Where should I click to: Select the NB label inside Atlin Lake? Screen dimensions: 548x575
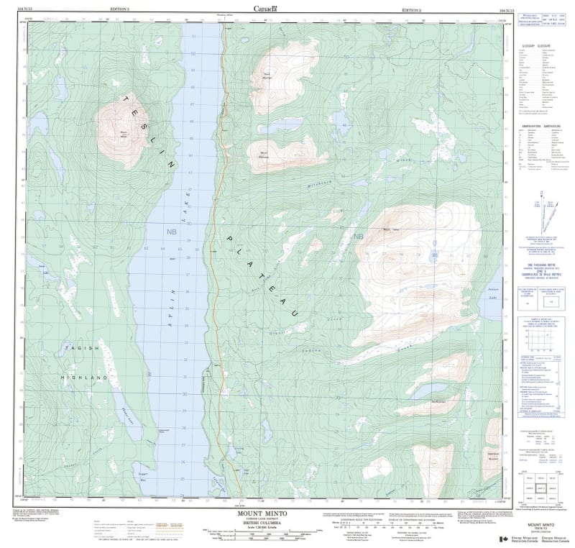click(172, 232)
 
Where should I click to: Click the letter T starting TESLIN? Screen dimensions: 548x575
click(126, 98)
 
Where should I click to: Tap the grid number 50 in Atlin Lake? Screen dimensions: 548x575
click(193, 53)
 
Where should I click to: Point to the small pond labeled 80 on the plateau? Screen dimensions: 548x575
click(434, 254)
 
